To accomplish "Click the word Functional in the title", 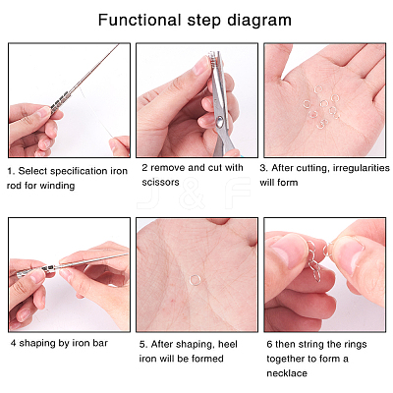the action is coord(140,20).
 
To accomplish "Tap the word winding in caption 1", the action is coord(56,186).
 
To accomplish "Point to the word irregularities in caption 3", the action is coord(362,168).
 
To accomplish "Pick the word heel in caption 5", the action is coord(228,344).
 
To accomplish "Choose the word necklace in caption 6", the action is coord(287,373).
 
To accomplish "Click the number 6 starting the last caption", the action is coord(269,345).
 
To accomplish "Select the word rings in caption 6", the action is coord(355,345).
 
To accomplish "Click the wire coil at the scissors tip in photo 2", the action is coord(214,57).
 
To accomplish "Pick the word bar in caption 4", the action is coord(100,343).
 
